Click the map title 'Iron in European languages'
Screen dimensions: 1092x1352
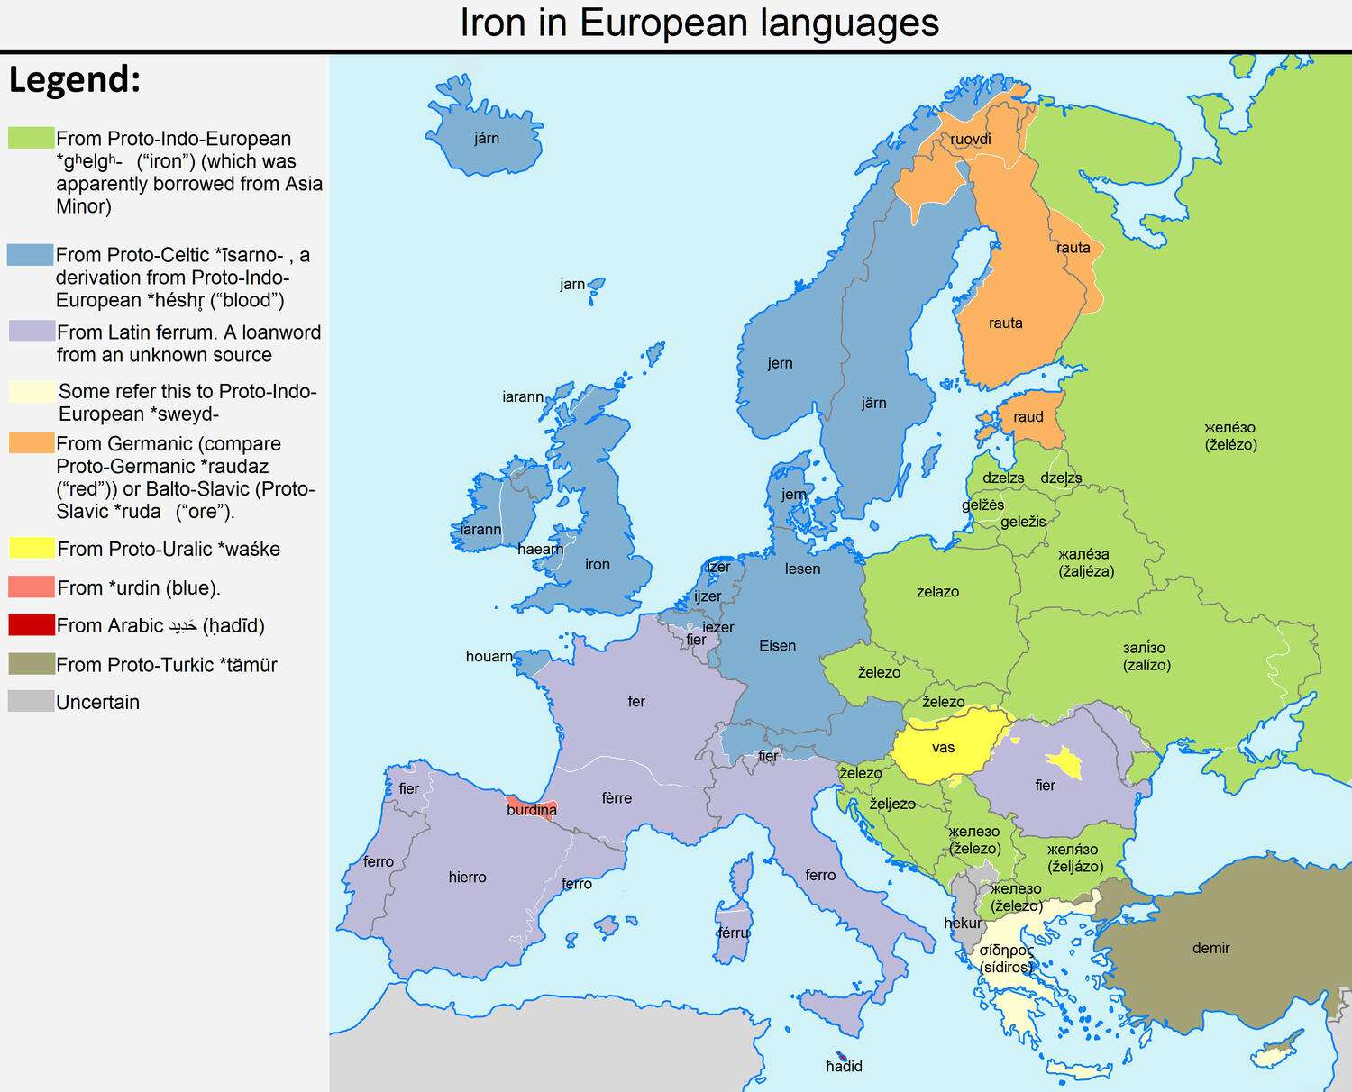[x=699, y=23]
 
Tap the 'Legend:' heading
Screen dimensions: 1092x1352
[x=75, y=80]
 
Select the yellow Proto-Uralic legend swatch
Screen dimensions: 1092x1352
[x=32, y=548]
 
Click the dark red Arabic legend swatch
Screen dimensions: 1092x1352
[x=32, y=624]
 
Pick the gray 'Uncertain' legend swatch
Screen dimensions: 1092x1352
[x=32, y=701]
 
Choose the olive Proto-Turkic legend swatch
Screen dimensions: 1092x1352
[x=32, y=664]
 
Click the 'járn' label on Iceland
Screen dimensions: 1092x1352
[x=487, y=139]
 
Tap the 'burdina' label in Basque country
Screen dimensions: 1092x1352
[x=532, y=810]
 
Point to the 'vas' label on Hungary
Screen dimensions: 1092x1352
[x=943, y=748]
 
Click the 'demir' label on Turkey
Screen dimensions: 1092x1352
[x=1210, y=948]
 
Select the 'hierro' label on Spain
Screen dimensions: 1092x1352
[x=467, y=878]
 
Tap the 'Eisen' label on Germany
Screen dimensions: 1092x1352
[x=777, y=646]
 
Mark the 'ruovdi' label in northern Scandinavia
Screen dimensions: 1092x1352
[x=971, y=140]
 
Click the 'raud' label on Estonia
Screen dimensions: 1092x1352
[x=1028, y=417]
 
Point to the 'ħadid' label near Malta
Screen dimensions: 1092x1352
[x=845, y=1067]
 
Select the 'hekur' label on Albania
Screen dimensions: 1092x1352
[x=963, y=924]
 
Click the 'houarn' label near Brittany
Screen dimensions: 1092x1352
[x=489, y=657]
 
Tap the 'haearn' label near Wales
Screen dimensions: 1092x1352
[x=540, y=550]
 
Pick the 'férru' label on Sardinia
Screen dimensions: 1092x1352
[x=734, y=933]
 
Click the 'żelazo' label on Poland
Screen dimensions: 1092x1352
[x=937, y=592]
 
